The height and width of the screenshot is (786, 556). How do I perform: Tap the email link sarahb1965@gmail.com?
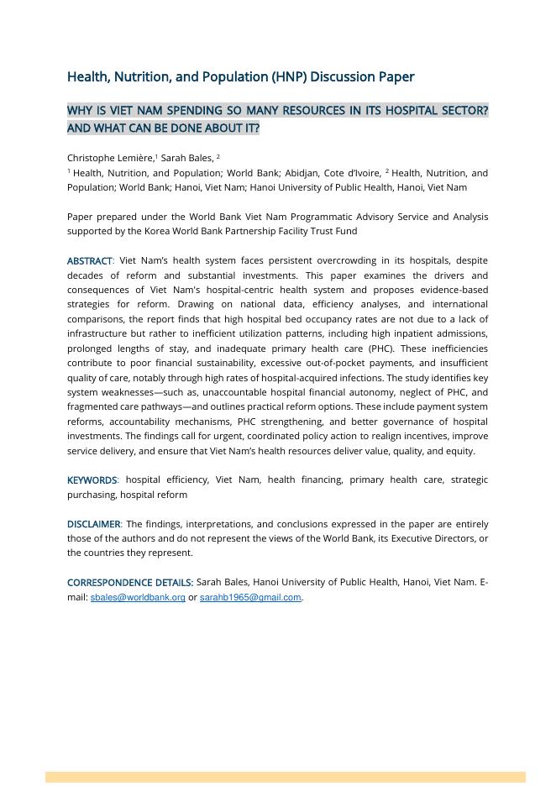pyautogui.click(x=250, y=598)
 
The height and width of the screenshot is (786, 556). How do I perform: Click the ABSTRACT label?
pyautogui.click(x=89, y=261)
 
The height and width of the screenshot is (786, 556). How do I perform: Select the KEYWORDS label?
pyautogui.click(x=92, y=480)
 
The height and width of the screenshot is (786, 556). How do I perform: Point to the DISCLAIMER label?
pyautogui.click(x=94, y=524)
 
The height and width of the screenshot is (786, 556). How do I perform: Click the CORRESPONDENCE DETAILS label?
pyautogui.click(x=130, y=582)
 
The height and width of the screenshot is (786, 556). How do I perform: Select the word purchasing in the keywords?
pyautogui.click(x=92, y=495)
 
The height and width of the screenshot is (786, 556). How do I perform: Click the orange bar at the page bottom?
pyautogui.click(x=286, y=778)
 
